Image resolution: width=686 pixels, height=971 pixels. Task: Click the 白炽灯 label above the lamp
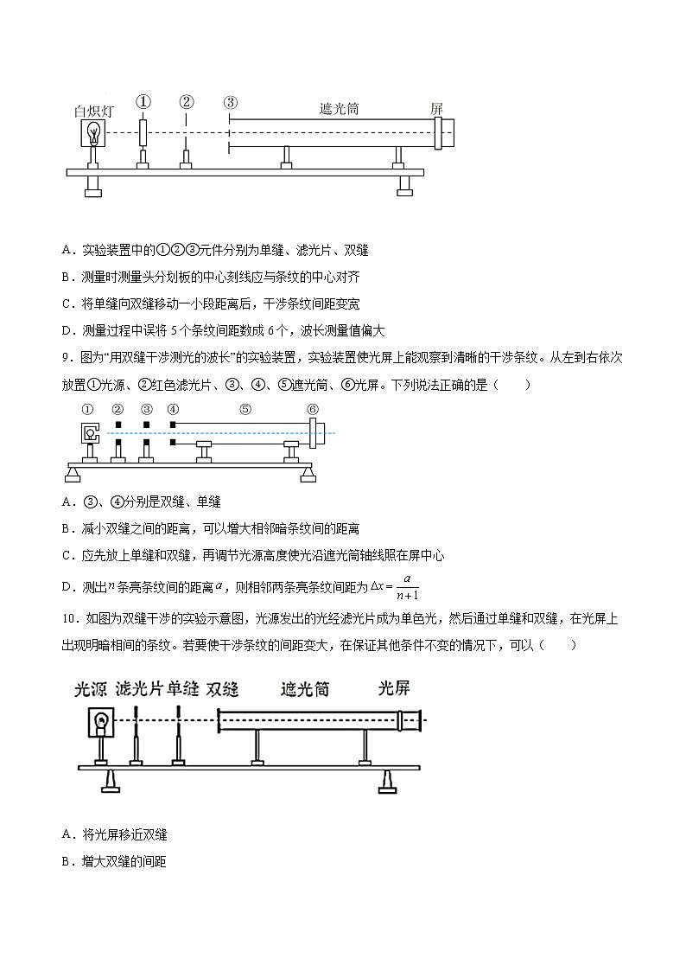point(95,112)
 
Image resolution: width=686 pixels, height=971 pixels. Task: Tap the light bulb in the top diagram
point(95,134)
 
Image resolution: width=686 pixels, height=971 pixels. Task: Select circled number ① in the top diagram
point(143,103)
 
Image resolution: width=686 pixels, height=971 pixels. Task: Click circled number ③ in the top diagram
point(230,103)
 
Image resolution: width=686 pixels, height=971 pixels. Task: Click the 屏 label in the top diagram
point(437,109)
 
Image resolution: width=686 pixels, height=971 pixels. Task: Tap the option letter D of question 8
point(67,330)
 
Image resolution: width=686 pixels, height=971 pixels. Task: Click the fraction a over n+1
point(405,587)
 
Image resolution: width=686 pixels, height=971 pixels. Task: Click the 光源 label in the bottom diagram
point(91,689)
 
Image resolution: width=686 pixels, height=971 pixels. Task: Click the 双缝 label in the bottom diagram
point(223,689)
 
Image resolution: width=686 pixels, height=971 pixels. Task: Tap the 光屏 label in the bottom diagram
point(393,688)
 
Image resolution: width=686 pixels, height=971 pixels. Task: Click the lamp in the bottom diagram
point(101,720)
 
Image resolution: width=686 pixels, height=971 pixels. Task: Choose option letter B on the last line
point(67,861)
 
